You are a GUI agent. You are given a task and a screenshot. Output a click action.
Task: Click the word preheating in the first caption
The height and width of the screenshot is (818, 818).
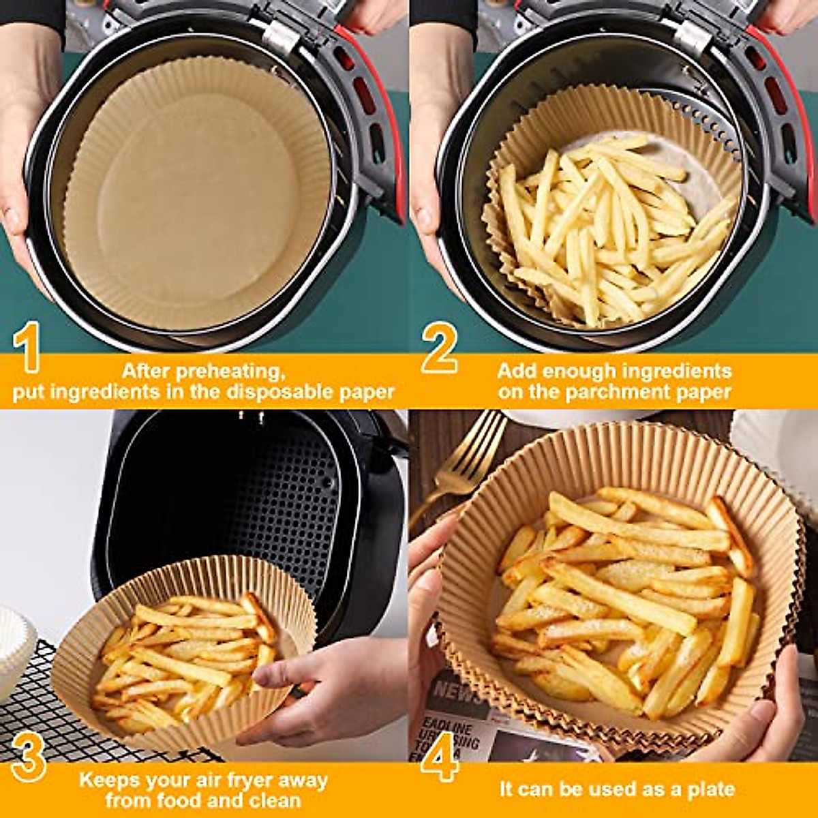(229, 372)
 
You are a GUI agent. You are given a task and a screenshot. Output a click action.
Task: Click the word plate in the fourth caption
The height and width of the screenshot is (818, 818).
(712, 789)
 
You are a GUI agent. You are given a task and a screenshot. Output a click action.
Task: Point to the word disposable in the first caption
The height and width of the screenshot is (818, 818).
(279, 393)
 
